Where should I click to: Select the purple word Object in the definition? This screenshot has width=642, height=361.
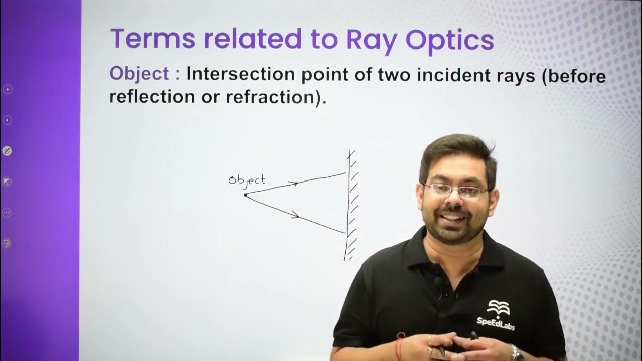139,74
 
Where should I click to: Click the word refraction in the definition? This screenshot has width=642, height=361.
273,96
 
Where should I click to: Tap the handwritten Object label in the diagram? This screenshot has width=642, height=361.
247,179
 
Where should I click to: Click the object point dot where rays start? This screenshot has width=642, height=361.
245,195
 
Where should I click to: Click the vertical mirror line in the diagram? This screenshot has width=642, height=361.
348,206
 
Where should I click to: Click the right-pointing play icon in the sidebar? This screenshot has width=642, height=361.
7,89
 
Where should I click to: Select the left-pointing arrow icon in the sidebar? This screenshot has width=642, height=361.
7,120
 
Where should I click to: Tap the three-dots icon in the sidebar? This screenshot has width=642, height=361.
7,212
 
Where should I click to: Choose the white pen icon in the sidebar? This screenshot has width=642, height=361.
7,151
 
